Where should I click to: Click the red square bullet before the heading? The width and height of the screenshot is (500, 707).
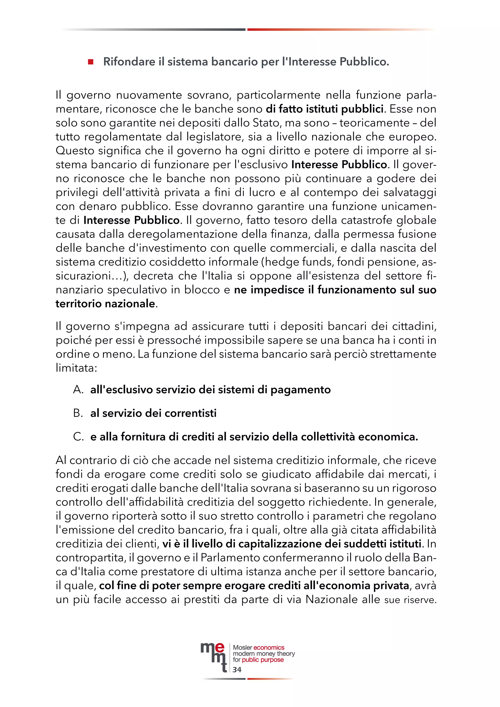click(91, 62)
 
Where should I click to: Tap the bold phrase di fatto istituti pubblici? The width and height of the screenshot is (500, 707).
click(325, 109)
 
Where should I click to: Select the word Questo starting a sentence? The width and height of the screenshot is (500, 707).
click(75, 151)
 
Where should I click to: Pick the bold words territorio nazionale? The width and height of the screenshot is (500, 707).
click(105, 304)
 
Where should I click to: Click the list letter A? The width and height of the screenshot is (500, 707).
click(78, 390)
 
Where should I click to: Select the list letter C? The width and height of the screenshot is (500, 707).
click(78, 437)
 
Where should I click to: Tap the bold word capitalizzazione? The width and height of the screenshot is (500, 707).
click(288, 544)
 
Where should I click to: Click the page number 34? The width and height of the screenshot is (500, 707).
click(237, 669)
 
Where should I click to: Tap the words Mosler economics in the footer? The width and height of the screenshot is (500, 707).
click(258, 647)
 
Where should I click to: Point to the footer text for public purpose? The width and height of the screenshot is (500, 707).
click(258, 660)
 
